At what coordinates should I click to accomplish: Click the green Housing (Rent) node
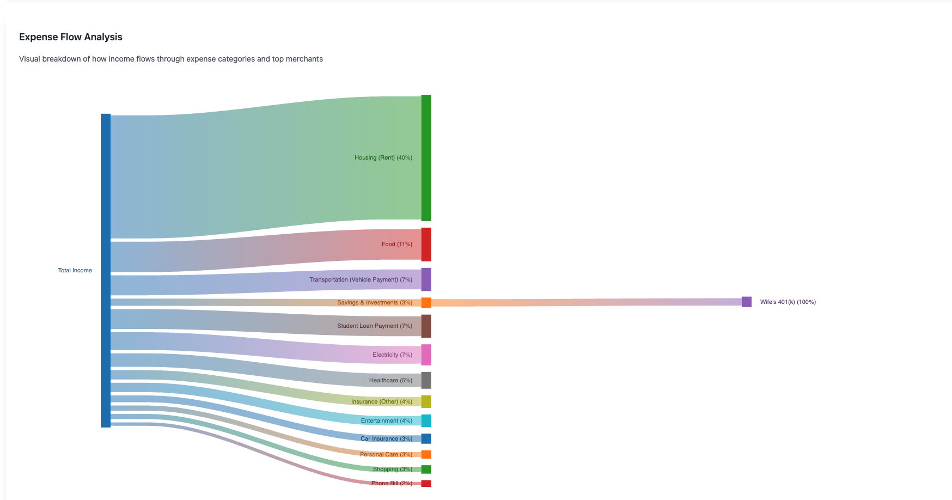[x=426, y=158]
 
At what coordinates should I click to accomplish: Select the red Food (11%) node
[x=426, y=245]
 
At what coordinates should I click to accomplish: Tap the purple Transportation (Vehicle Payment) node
[x=426, y=279]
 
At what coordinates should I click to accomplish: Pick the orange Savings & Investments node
[x=426, y=303]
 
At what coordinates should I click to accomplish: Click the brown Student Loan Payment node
[x=426, y=326]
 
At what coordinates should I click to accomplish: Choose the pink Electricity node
[x=426, y=355]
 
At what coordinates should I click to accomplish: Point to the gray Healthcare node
[x=426, y=380]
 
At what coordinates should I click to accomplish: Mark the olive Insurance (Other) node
[x=426, y=401]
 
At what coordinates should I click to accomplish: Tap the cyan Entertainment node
[x=426, y=420]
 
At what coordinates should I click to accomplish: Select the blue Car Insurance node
[x=426, y=438]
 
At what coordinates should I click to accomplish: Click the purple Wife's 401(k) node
[x=746, y=302]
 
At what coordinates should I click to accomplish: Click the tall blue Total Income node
[x=106, y=271]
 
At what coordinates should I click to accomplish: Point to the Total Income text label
[x=75, y=271]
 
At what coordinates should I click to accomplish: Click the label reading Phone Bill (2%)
[x=392, y=484]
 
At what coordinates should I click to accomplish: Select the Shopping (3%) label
[x=392, y=469]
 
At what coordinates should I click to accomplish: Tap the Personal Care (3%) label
[x=386, y=455]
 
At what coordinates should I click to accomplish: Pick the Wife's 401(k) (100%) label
[x=788, y=302]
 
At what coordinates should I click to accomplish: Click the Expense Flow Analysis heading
[x=71, y=37]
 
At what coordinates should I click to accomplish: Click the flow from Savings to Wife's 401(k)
[x=585, y=302]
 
